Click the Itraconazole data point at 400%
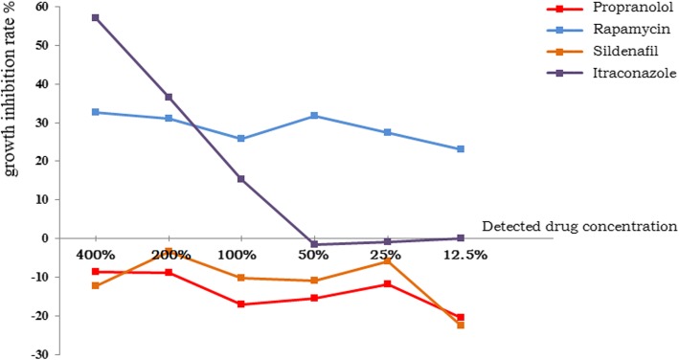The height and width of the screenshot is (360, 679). point(96,17)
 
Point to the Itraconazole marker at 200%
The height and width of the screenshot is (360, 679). point(169,97)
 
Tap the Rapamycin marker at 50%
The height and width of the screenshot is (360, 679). point(313,116)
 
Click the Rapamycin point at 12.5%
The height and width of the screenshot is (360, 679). point(461,149)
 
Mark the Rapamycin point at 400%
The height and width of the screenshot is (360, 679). point(96,112)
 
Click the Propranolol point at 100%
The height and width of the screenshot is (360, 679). point(240,304)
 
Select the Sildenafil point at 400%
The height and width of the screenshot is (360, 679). point(96,285)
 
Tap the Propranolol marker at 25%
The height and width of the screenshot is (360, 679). point(388,283)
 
